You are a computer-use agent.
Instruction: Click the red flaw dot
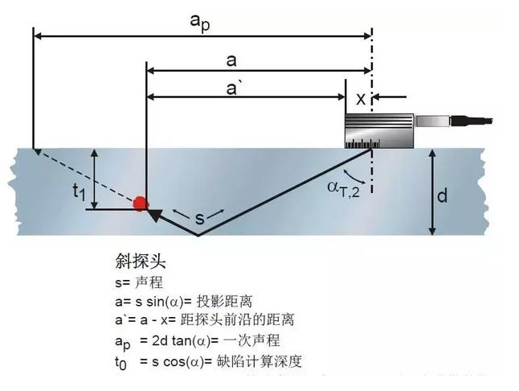[x=141, y=204]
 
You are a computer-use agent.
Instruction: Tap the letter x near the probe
[x=361, y=98]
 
